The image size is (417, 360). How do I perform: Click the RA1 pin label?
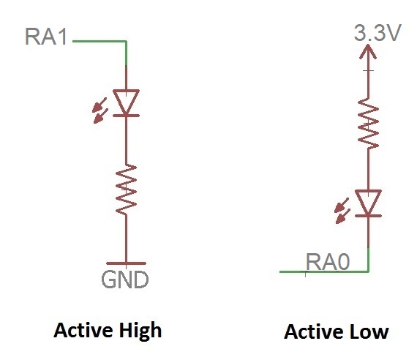tap(46, 37)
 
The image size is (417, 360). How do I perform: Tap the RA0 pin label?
tap(328, 262)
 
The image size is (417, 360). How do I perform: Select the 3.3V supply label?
tap(377, 32)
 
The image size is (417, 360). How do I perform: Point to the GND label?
tap(124, 280)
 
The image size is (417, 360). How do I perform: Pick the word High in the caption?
tap(140, 331)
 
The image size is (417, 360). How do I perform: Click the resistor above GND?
tap(126, 190)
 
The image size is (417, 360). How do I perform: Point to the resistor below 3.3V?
tap(368, 123)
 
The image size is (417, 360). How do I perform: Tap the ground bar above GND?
tap(126, 263)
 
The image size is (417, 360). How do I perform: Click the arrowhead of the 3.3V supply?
tap(368, 51)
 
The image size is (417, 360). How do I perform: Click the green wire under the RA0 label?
tap(324, 271)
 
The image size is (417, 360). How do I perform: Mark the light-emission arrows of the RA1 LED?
tap(100, 110)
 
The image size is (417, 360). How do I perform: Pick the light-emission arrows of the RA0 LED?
tap(342, 211)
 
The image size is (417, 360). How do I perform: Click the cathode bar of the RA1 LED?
tap(126, 116)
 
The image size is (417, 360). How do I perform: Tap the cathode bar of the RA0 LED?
tap(368, 216)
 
